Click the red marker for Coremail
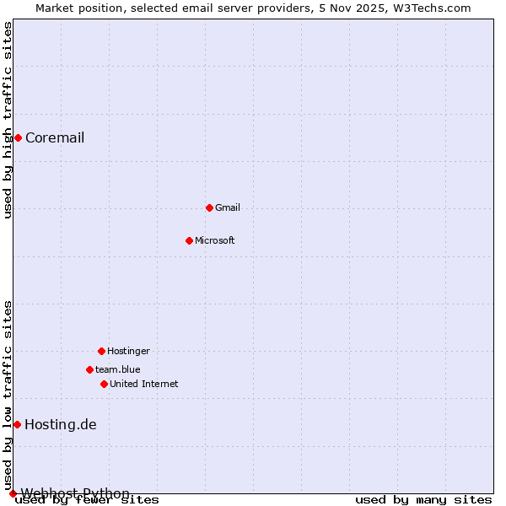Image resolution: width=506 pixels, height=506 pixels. point(18,137)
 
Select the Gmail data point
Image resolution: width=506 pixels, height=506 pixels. point(209,207)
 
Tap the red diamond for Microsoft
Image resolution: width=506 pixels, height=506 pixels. point(189,240)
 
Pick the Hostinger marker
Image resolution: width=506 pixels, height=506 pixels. point(101,351)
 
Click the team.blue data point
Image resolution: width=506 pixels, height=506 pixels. point(89,369)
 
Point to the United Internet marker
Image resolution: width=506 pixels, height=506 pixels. point(104,384)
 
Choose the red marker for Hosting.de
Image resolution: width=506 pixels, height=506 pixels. point(17,424)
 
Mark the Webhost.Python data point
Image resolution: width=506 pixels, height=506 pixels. point(13,493)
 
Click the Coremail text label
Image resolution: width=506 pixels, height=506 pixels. point(55,138)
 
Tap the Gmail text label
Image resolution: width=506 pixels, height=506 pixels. point(228,207)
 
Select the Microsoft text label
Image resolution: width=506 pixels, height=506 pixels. point(215,240)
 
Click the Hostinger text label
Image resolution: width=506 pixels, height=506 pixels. point(128,351)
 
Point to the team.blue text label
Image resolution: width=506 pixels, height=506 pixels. point(118,369)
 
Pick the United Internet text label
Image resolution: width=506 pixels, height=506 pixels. point(144,384)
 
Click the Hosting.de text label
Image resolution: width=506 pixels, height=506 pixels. point(61,424)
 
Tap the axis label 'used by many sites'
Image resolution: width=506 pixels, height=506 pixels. point(423,499)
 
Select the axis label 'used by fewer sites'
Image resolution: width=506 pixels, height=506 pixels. point(87,500)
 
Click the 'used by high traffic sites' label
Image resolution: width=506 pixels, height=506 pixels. point(8,120)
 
